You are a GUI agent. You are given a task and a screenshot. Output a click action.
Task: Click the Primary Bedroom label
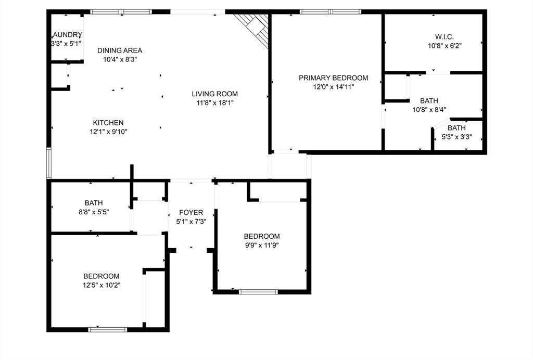[333, 78]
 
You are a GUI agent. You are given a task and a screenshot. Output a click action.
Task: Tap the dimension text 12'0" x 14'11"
[333, 87]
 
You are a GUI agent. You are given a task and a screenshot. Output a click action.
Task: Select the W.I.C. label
[445, 37]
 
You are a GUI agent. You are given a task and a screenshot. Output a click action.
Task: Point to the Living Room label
[214, 94]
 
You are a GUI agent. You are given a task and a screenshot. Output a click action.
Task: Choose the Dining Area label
[120, 50]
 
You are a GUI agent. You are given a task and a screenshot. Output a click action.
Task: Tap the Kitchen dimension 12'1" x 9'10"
[108, 132]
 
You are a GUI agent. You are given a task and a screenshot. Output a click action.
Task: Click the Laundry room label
[67, 35]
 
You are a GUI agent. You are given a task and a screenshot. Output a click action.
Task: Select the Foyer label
[191, 212]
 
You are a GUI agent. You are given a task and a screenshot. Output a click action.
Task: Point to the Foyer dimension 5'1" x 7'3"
[191, 221]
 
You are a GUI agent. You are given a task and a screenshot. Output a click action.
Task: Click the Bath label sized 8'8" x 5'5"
[94, 203]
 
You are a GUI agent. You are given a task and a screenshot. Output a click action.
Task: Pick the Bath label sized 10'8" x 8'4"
[429, 101]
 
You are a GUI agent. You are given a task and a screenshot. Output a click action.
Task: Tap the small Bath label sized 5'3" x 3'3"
[456, 128]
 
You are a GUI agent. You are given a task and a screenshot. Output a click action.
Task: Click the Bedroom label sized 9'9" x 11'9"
[262, 236]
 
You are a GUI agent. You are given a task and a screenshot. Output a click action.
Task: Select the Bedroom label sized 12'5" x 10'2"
[101, 276]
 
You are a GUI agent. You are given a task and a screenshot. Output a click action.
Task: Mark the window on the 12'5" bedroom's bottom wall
[108, 329]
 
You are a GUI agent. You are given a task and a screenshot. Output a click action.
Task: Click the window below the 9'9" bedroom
[259, 292]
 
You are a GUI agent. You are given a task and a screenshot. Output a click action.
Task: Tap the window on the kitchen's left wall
[49, 163]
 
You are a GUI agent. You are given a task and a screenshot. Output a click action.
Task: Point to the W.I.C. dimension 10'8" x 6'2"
[445, 45]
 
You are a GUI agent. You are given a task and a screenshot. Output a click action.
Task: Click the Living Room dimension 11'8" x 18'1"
[214, 103]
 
